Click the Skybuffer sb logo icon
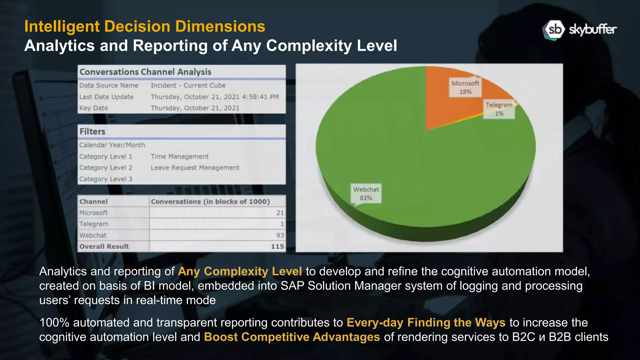click(553, 30)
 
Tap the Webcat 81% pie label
click(366, 193)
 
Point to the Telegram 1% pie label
click(499, 109)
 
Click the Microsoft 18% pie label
click(465, 87)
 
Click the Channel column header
click(93, 202)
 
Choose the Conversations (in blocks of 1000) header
click(210, 202)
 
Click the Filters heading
click(92, 132)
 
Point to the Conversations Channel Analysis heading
click(145, 72)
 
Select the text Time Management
click(179, 157)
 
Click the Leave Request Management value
click(195, 168)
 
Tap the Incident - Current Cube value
click(188, 86)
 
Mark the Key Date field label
click(93, 108)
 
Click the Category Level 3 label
click(106, 179)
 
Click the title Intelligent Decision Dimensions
click(145, 26)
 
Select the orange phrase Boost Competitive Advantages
click(292, 337)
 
